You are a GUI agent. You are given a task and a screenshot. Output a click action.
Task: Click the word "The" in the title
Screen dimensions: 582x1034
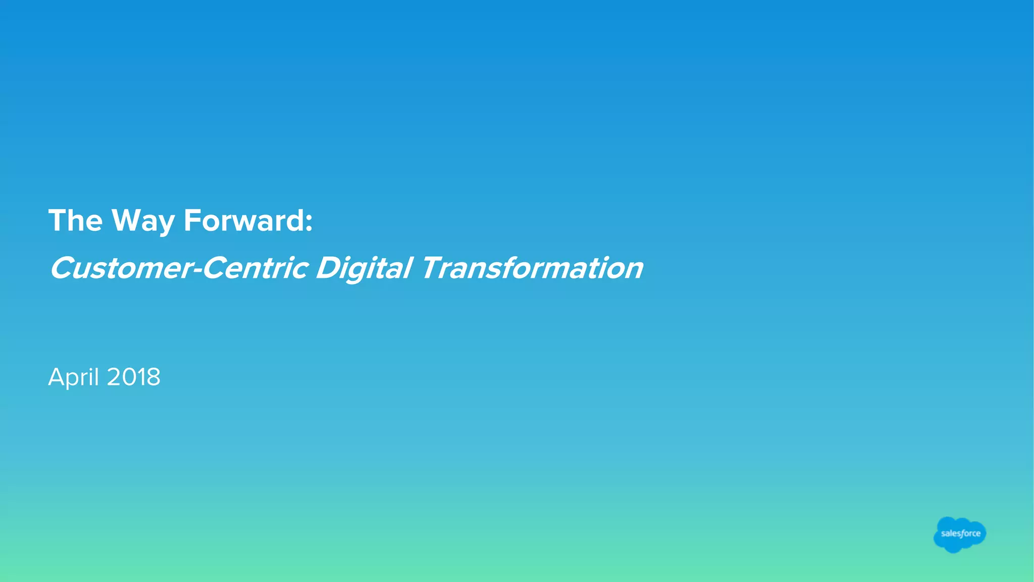click(75, 221)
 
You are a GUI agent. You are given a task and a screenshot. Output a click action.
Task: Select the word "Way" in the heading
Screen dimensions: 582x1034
click(143, 221)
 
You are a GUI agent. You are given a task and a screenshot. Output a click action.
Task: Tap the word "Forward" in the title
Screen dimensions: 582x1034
click(244, 221)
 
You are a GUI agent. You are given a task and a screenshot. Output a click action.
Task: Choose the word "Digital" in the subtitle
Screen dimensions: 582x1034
click(364, 268)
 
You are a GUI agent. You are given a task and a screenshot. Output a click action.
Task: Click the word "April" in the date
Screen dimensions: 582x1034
click(73, 377)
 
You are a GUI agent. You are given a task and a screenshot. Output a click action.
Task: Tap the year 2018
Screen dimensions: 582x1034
click(134, 377)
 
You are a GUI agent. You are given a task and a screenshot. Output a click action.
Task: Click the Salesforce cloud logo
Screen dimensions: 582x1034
click(960, 534)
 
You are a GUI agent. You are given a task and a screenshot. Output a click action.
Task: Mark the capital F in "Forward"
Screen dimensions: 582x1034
click(192, 220)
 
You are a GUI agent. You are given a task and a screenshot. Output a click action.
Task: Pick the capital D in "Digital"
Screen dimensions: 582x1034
click(329, 268)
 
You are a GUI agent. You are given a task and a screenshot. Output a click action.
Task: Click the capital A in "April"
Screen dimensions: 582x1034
click(57, 377)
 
